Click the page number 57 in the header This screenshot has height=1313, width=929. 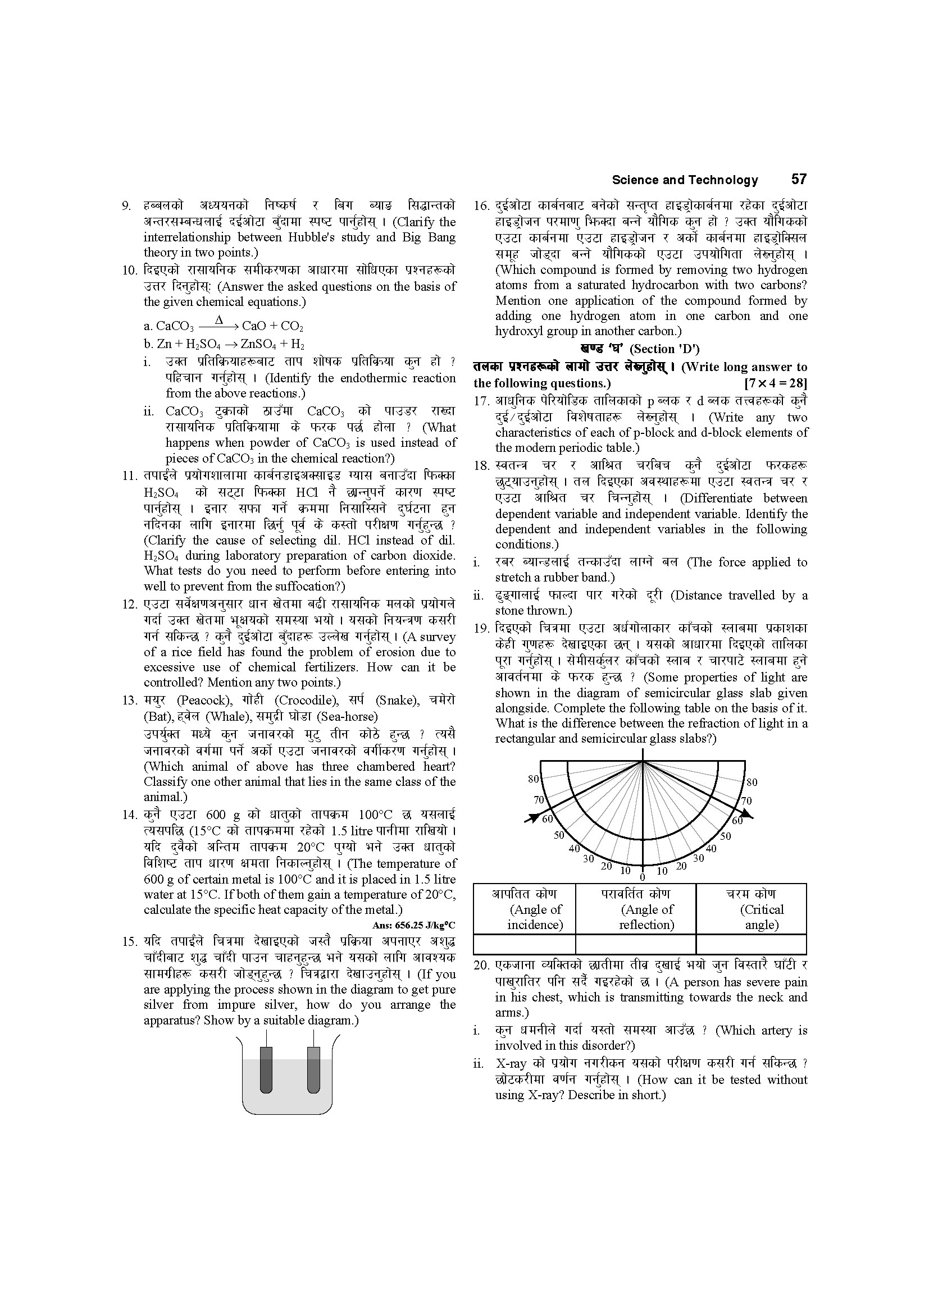pos(799,179)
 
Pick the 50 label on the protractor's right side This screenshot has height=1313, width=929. pos(725,836)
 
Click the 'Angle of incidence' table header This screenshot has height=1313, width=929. pos(525,909)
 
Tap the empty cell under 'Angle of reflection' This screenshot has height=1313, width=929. pos(636,944)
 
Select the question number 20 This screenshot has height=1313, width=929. pos(482,966)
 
